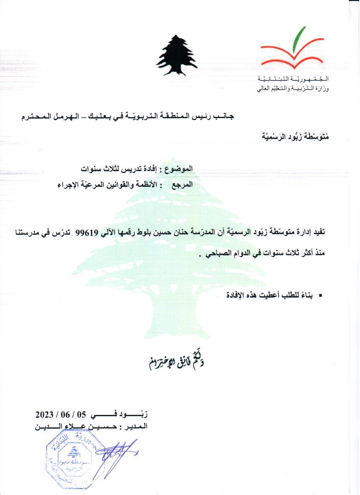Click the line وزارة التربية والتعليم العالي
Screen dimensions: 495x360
(293, 89)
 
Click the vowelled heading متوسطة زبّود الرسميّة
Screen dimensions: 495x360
(292, 136)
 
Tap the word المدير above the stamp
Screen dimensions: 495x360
(138, 426)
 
